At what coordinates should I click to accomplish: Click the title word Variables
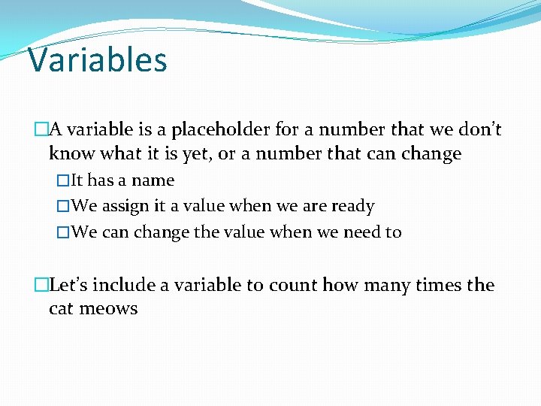click(97, 59)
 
